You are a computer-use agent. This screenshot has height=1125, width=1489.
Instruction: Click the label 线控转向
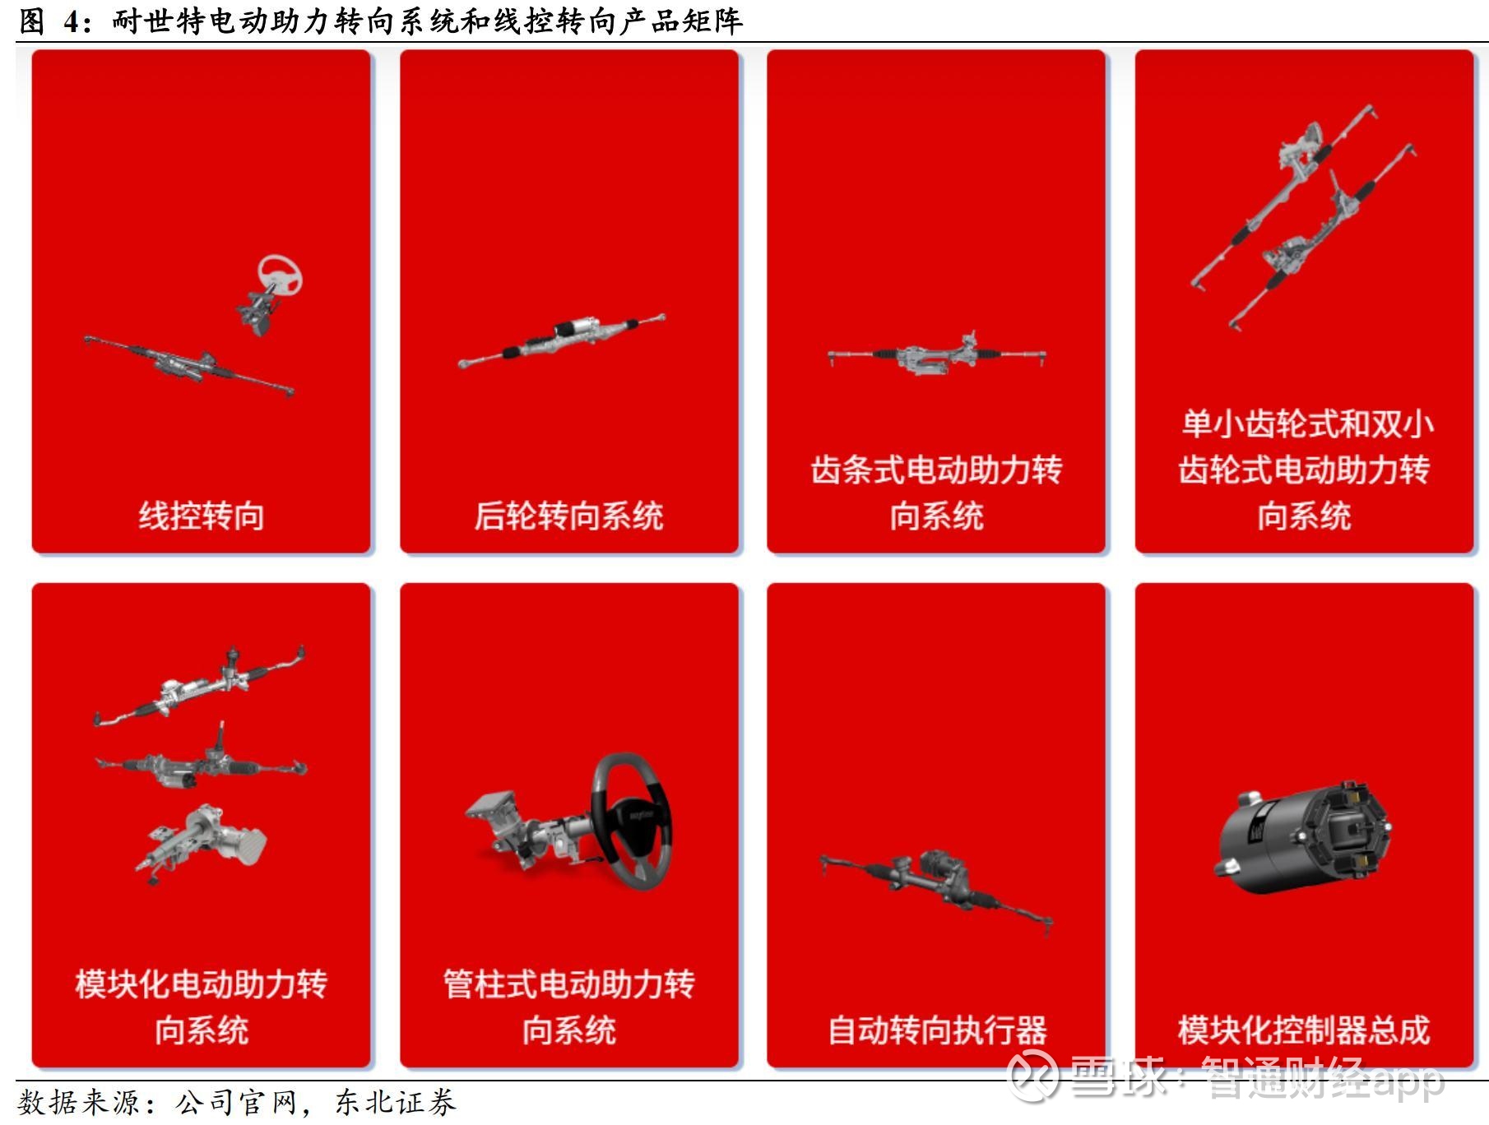tap(202, 516)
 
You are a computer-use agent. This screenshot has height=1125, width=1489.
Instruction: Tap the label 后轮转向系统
tap(568, 516)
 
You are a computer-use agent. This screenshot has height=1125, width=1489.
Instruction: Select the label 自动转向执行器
tap(936, 1030)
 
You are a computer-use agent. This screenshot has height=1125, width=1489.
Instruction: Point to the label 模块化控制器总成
tap(1303, 1030)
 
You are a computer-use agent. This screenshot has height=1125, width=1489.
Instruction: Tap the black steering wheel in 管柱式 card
tap(631, 821)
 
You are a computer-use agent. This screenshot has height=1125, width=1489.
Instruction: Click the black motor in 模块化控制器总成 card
tap(1302, 836)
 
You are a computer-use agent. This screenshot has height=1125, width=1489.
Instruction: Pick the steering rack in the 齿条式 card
tap(937, 354)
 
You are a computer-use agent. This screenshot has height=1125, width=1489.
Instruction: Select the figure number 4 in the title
tap(72, 21)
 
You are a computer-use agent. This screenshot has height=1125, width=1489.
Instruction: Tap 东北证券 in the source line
tap(396, 1103)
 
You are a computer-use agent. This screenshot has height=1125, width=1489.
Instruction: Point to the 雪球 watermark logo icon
tap(1033, 1074)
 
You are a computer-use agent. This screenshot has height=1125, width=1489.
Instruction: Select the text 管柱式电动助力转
tap(569, 984)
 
